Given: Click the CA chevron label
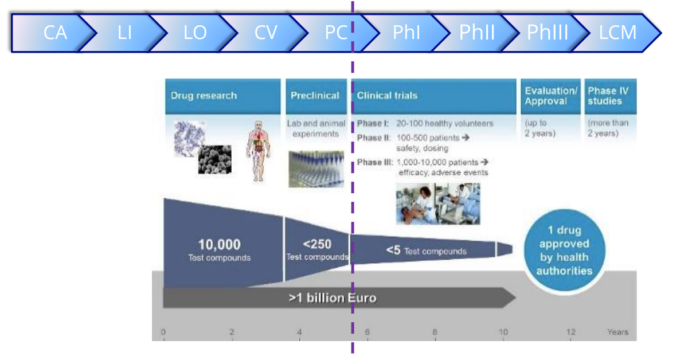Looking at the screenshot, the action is (55, 33).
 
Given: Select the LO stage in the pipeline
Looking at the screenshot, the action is (195, 33).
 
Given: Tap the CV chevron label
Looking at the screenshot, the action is (265, 33).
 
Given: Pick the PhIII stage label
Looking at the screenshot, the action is (548, 33).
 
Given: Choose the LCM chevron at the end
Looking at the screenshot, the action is (617, 33).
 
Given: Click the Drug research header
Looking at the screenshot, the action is (204, 96).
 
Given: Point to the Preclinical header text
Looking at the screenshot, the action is (315, 96).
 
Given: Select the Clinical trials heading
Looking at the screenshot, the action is (387, 96).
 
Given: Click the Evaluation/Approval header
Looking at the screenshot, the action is (551, 96).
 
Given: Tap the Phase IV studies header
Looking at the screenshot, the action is (608, 96).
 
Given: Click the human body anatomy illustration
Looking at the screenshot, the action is (259, 151).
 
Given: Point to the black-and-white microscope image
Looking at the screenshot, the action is (214, 159).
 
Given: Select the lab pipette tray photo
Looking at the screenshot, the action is (316, 169).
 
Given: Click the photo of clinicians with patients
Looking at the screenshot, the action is (438, 204).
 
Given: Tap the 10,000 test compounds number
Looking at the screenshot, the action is (219, 245).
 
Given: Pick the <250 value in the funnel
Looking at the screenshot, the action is (317, 244).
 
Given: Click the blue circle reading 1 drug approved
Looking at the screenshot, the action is (565, 250).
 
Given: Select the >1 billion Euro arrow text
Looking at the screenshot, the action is (333, 298).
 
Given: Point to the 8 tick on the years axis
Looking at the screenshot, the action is (435, 332).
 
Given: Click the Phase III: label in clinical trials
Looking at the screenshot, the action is (375, 162).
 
